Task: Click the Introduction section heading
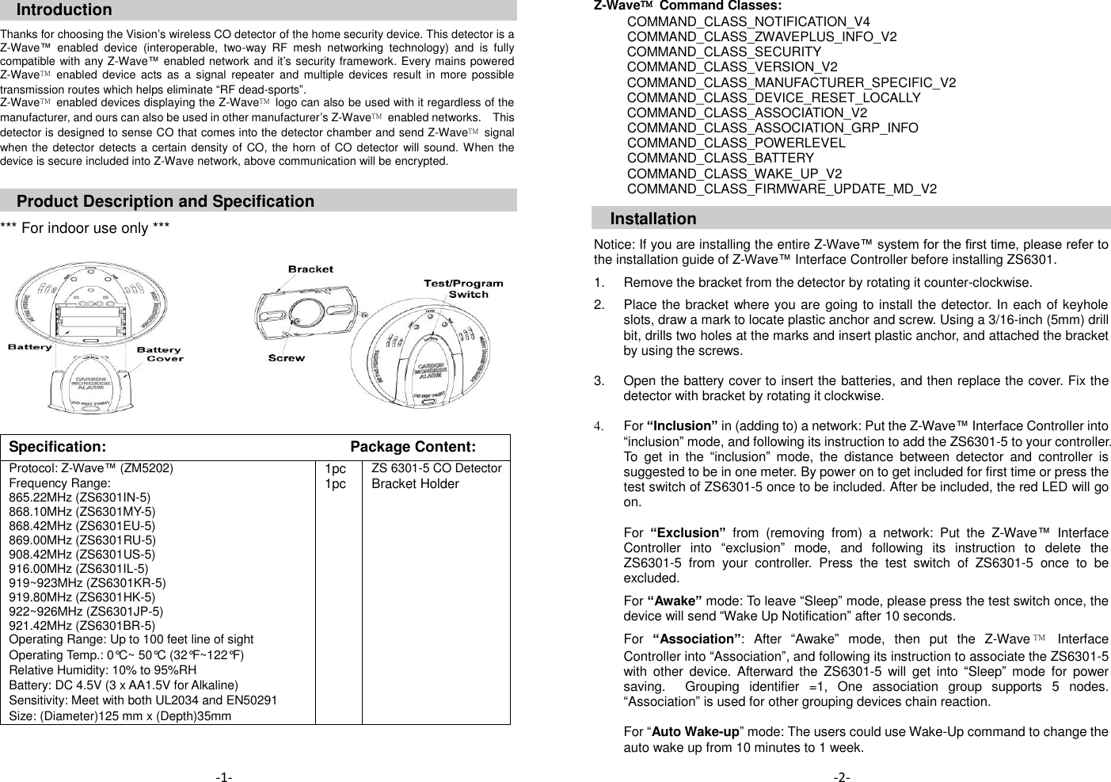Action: (64, 10)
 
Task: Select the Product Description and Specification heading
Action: (165, 201)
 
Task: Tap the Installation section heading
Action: (653, 219)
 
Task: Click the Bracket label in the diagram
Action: (310, 269)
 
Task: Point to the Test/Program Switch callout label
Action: (463, 288)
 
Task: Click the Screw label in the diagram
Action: (287, 358)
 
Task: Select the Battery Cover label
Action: (161, 354)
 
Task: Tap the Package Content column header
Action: (413, 448)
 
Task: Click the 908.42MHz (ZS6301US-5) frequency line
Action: (82, 555)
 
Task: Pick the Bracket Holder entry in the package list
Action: (415, 484)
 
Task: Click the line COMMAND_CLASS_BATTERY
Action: (720, 158)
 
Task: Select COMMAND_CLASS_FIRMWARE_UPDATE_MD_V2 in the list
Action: (781, 189)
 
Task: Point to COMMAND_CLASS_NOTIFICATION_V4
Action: (748, 22)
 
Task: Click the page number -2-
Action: (842, 777)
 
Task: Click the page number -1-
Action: (224, 777)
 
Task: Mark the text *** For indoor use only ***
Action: (85, 228)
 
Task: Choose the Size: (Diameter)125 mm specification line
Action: (120, 716)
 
